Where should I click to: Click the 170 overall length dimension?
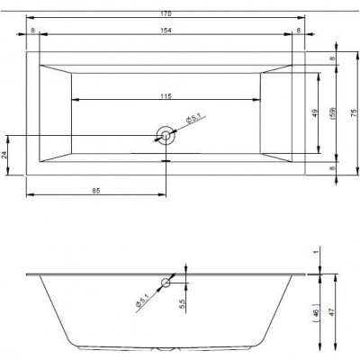(166, 13)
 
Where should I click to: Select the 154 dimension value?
(166, 30)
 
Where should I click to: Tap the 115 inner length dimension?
(166, 96)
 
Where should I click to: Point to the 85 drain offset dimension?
(96, 191)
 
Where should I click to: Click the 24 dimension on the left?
(4, 155)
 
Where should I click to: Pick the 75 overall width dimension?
(354, 112)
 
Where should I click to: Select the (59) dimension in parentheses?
(332, 113)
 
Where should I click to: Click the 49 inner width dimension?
(314, 113)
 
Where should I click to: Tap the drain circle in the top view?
(165, 136)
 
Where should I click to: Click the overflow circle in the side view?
(166, 283)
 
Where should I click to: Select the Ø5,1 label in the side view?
(142, 301)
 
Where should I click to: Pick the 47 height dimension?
(331, 312)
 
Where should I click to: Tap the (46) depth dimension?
(316, 313)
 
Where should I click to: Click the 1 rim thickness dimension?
(315, 252)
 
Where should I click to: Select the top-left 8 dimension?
(32, 30)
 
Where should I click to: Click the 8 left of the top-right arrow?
(298, 30)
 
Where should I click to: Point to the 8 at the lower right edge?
(332, 168)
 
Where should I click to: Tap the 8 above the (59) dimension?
(332, 58)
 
